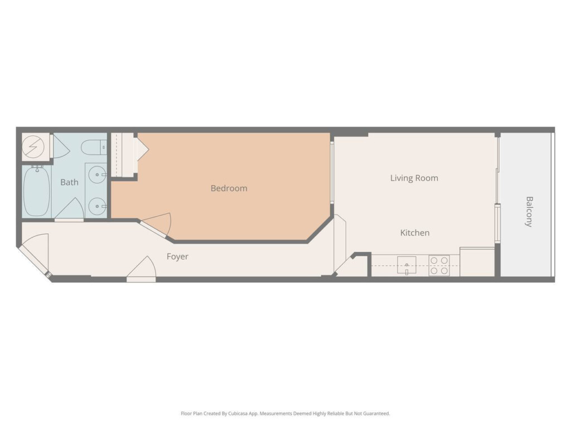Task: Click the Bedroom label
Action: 229,188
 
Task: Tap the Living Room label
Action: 414,178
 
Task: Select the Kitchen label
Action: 415,232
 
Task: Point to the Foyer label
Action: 177,256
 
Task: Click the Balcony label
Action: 529,211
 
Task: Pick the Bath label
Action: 69,182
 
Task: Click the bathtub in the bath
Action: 36,192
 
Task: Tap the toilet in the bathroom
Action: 94,148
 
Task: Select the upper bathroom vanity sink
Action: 98,174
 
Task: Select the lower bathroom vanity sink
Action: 98,207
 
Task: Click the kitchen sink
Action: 407,265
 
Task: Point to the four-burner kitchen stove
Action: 439,266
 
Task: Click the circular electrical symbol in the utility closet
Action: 33,147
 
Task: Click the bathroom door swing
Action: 70,210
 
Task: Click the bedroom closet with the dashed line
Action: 123,155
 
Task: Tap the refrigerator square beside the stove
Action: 477,262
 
